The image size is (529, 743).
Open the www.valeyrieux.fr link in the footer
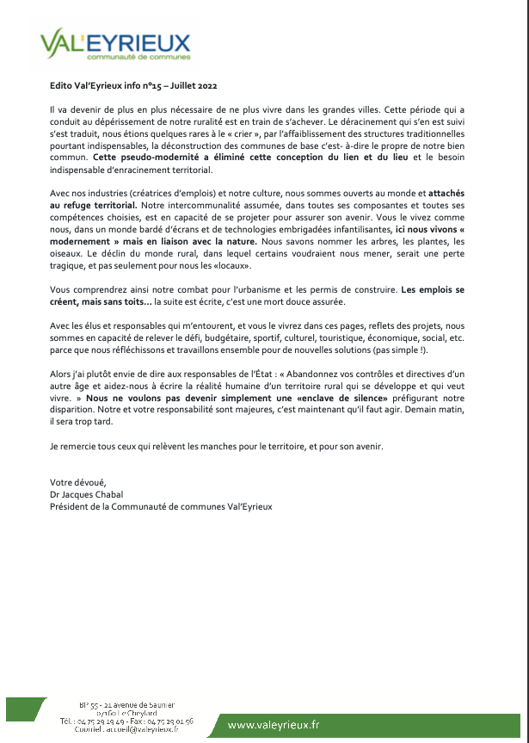273,726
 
